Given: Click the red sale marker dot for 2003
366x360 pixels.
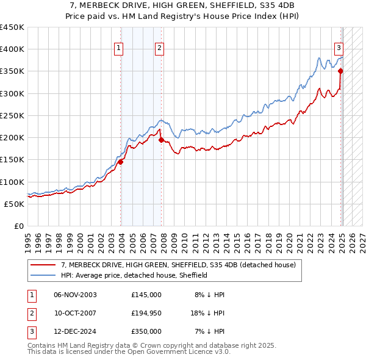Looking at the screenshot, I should point(121,162).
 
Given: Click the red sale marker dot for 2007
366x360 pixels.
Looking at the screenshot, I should point(161,140).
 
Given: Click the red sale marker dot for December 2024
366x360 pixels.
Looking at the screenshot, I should point(340,71).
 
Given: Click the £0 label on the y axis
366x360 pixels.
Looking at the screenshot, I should point(20,226).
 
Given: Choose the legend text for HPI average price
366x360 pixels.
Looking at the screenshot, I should point(134,275).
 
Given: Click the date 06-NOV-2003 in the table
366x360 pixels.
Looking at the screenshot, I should point(75,295).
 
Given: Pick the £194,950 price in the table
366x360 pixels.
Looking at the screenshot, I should point(146,313).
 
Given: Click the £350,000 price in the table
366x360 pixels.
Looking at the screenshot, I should point(146,331).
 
